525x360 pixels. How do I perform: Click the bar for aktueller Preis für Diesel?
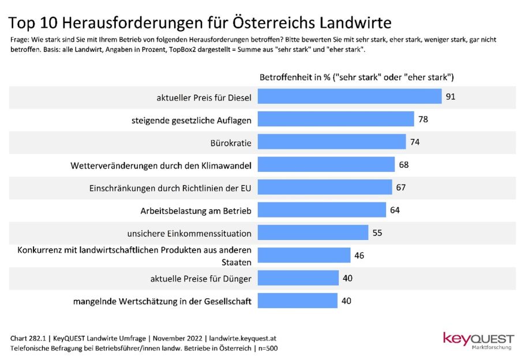click(349, 96)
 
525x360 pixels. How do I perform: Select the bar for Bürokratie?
click(332, 142)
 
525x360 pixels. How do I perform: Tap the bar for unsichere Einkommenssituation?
click(313, 232)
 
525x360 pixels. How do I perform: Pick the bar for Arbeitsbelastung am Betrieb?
click(321, 210)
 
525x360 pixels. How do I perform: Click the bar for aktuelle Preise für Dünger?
click(298, 278)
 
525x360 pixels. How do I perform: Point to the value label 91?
click(451, 96)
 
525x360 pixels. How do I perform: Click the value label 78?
click(423, 119)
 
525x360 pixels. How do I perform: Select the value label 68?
click(404, 165)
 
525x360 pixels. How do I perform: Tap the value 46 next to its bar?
click(359, 256)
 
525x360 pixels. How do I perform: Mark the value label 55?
click(377, 233)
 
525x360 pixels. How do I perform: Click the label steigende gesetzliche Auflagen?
click(190, 120)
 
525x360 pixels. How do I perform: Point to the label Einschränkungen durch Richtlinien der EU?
click(170, 188)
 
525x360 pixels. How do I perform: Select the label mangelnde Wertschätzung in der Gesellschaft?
click(162, 301)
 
